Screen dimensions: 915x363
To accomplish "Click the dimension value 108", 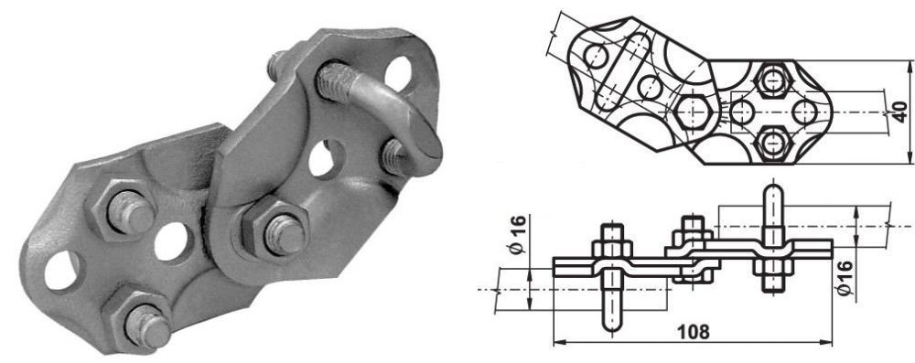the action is point(694,332).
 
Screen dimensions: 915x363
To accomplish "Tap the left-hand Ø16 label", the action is point(518,234).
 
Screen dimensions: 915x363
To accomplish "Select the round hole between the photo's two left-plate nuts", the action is point(173,241).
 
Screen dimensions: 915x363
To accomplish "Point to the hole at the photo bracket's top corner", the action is point(399,72).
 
